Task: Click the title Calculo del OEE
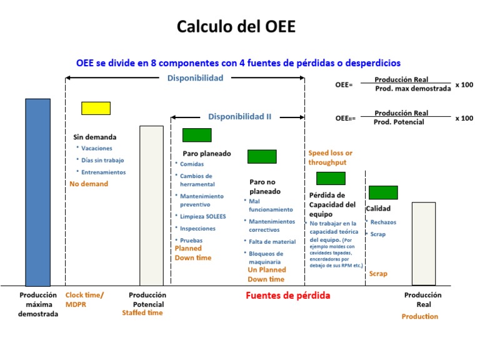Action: pyautogui.click(x=236, y=27)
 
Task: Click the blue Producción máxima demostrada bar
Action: pyautogui.click(x=37, y=192)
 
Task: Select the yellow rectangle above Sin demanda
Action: pyautogui.click(x=96, y=108)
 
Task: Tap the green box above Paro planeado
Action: pyautogui.click(x=197, y=135)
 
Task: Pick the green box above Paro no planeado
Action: pyautogui.click(x=262, y=157)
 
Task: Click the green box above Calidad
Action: pyautogui.click(x=383, y=192)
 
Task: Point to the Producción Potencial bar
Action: pyautogui.click(x=151, y=206)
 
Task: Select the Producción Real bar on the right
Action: pyautogui.click(x=423, y=243)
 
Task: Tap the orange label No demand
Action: pyautogui.click(x=89, y=184)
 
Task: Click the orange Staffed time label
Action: pyautogui.click(x=142, y=312)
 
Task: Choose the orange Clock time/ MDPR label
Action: pyautogui.click(x=84, y=299)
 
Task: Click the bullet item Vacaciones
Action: pyautogui.click(x=97, y=149)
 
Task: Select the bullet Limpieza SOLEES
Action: pyautogui.click(x=202, y=216)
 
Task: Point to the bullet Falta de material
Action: pyautogui.click(x=272, y=241)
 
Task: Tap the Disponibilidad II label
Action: pyautogui.click(x=240, y=116)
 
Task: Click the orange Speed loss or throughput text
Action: pyautogui.click(x=330, y=157)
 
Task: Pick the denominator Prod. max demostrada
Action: pyautogui.click(x=412, y=89)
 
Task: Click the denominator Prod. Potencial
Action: pyautogui.click(x=399, y=122)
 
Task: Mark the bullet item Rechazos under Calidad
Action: pyautogui.click(x=383, y=222)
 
